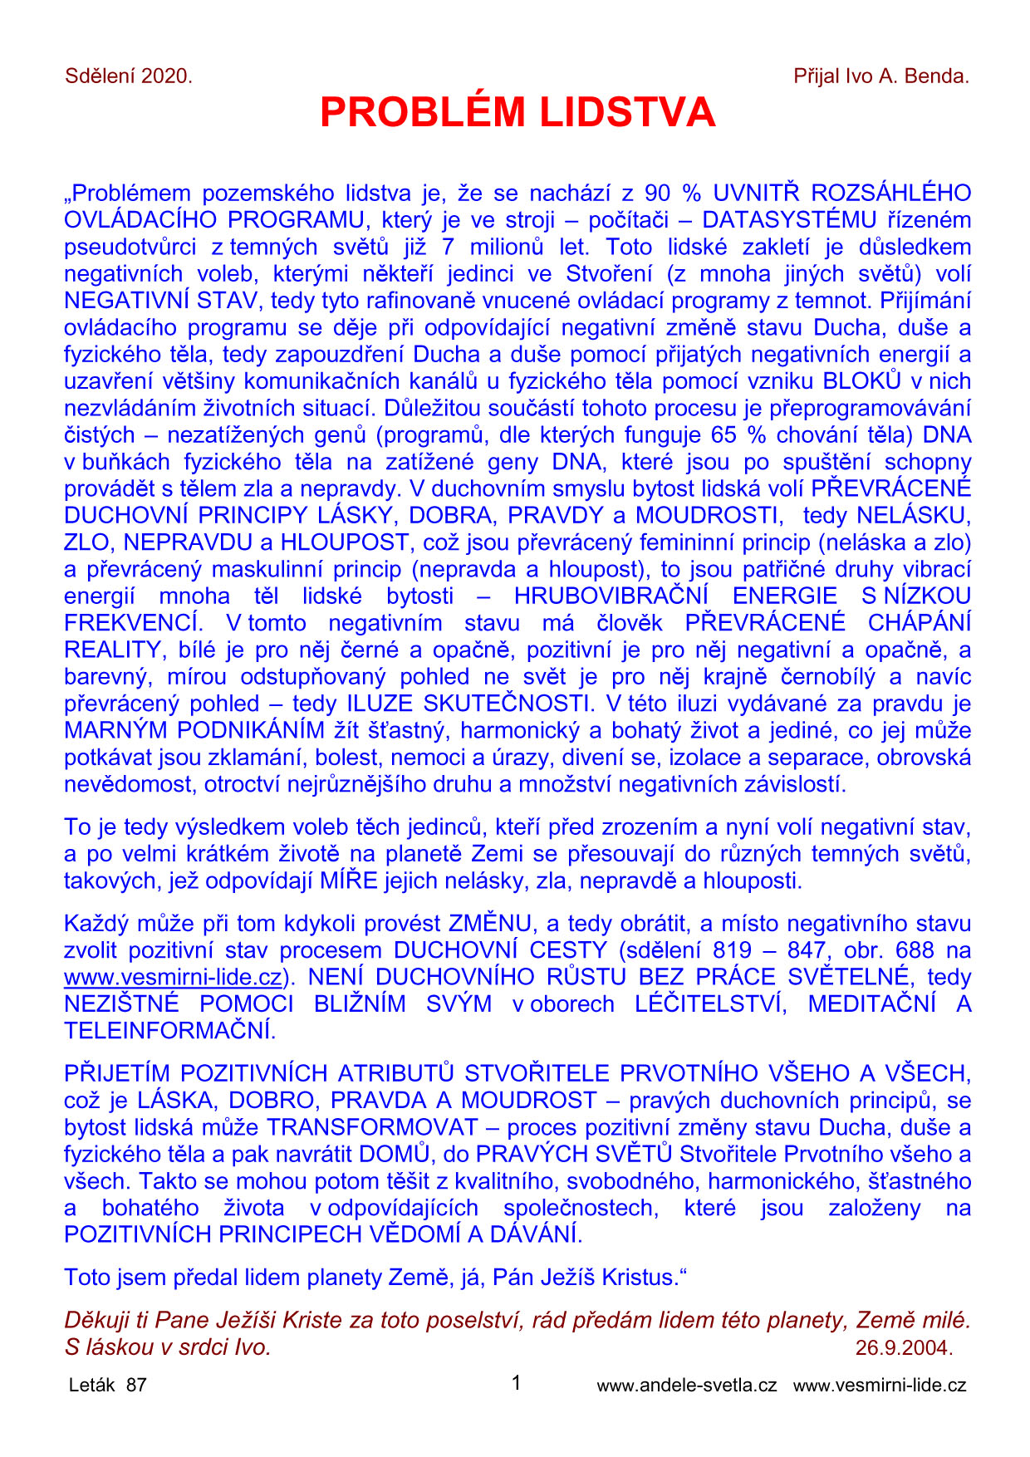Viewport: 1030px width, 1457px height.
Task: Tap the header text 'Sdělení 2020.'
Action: point(129,76)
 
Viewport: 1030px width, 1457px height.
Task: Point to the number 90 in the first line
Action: point(656,194)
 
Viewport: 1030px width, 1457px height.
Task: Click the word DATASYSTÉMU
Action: point(789,220)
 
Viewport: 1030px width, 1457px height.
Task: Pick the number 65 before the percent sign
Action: point(724,434)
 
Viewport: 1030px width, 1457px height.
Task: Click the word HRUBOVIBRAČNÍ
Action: point(611,596)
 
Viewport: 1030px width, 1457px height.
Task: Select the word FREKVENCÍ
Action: point(133,623)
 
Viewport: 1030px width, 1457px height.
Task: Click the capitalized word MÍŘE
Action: point(349,881)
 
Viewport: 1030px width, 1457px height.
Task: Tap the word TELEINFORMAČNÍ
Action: point(169,1031)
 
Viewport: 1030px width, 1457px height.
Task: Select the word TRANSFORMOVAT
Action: point(373,1127)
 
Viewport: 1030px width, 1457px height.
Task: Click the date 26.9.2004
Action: point(904,1347)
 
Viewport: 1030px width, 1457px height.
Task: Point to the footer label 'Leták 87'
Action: point(107,1385)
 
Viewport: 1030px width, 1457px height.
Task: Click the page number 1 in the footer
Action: point(516,1383)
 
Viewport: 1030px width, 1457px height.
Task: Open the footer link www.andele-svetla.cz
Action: point(687,1385)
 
